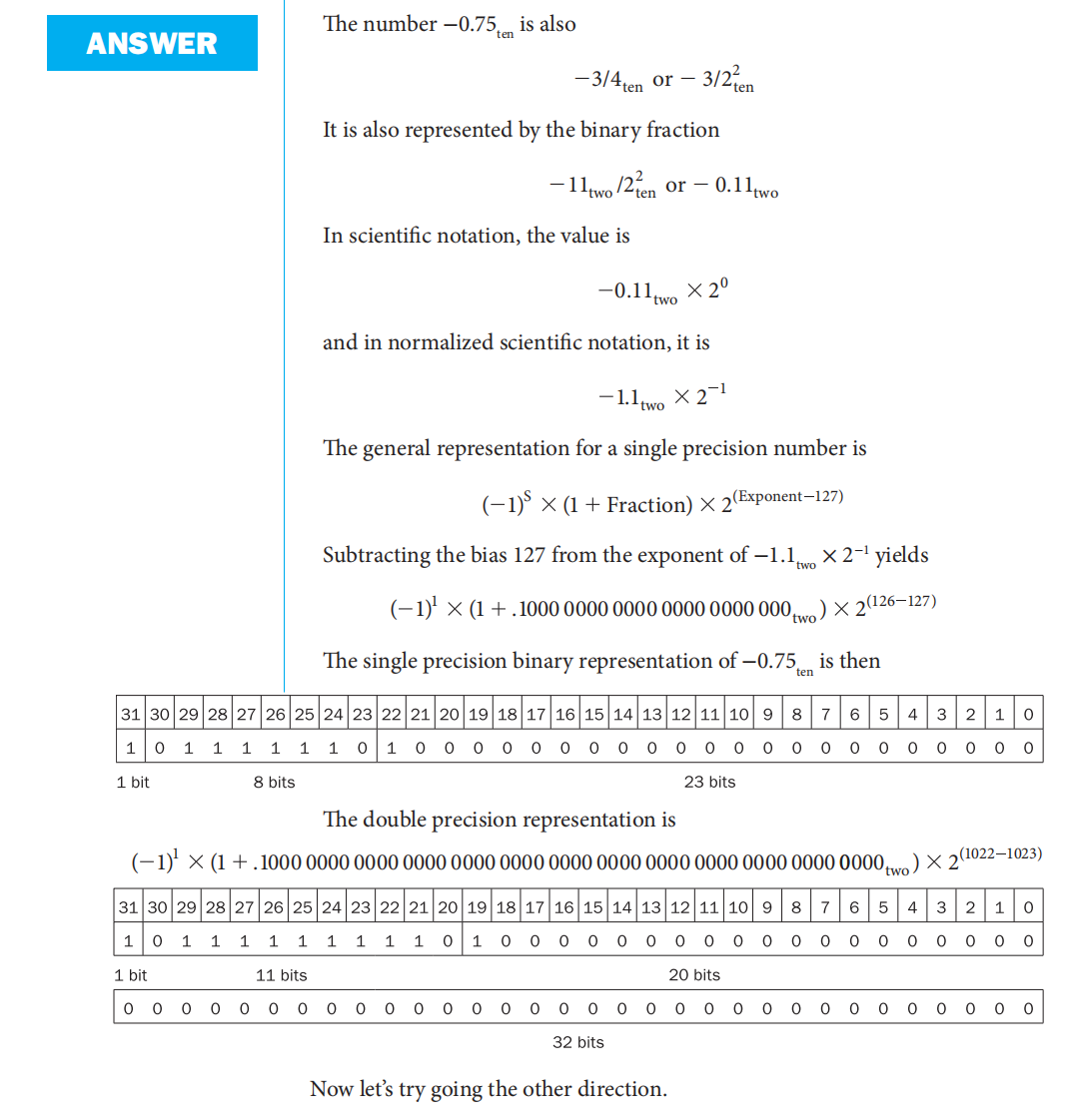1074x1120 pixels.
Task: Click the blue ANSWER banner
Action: coord(152,43)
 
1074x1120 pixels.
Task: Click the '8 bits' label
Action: coord(274,782)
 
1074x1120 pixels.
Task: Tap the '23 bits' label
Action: coord(709,782)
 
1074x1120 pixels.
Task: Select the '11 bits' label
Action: coord(282,975)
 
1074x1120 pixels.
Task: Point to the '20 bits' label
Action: coord(694,975)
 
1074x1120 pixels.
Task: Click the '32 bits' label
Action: coord(578,1042)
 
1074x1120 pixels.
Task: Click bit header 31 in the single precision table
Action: coord(130,714)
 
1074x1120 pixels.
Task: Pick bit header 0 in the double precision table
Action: coord(1028,907)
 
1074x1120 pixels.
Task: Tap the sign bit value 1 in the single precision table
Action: coord(130,747)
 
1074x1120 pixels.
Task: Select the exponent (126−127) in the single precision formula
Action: coord(901,601)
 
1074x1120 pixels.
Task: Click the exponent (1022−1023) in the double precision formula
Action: coord(1000,853)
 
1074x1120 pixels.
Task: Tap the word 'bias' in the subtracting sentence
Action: coord(490,555)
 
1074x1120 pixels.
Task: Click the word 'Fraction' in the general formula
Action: coord(648,505)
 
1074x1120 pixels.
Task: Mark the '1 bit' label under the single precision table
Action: coord(133,782)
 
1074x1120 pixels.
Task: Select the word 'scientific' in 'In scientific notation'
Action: coord(394,236)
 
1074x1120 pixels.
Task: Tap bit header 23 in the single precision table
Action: coord(362,714)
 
